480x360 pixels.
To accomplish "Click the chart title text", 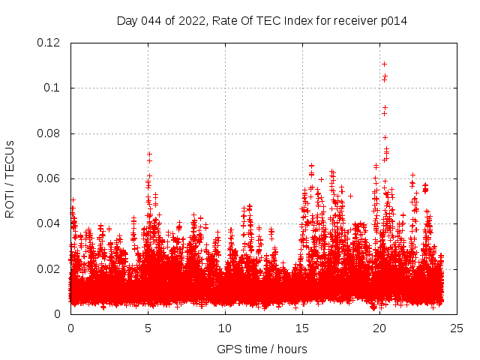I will coord(262,20).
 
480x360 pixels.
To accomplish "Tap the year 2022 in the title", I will coord(191,20).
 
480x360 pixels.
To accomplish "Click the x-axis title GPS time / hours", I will coord(262,349).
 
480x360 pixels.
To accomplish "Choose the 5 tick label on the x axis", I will coord(148,328).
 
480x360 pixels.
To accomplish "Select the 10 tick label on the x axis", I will coord(225,328).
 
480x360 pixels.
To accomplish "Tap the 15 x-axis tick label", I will coord(302,328).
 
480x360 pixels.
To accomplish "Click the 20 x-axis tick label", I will coord(379,328).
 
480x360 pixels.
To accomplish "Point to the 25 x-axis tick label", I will coord(457,328).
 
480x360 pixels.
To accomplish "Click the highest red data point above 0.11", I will coord(384,64).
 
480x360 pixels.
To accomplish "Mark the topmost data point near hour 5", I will coord(149,154).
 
